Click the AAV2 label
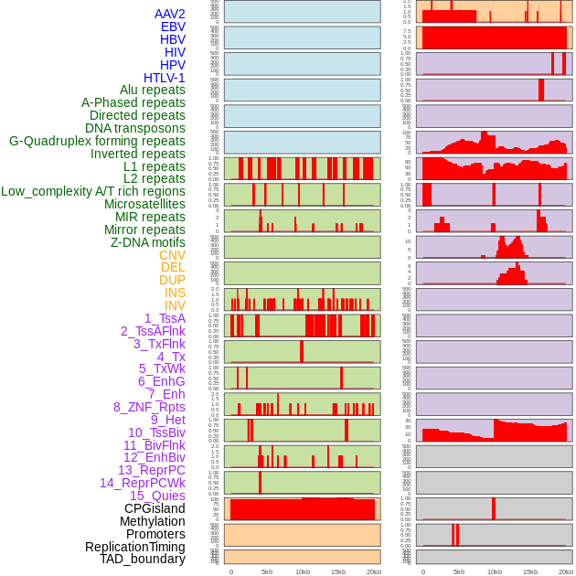tap(170, 15)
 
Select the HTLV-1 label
tap(165, 78)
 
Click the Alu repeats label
tap(153, 90)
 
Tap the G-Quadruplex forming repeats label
tap(97, 141)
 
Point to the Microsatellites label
tap(144, 204)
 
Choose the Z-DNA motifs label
tap(148, 242)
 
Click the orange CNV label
tap(172, 255)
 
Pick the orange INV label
tap(175, 305)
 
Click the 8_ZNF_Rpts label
tap(149, 407)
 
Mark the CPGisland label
tap(155, 508)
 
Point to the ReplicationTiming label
tap(135, 547)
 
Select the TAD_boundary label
tap(143, 559)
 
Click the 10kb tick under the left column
tap(303, 571)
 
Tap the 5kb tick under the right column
tap(459, 571)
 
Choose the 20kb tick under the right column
tap(566, 571)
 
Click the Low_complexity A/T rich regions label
tap(93, 191)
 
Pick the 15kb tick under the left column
tap(338, 571)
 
